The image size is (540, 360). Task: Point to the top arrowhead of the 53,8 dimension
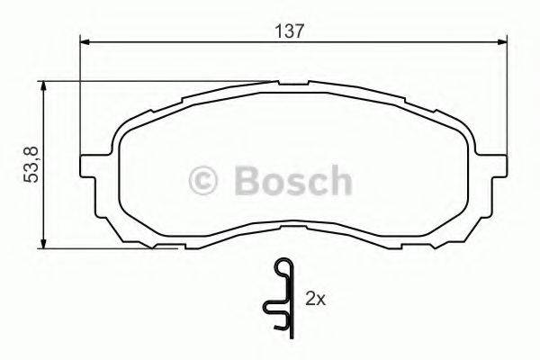pos(43,84)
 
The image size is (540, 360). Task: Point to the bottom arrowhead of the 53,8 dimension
pos(43,244)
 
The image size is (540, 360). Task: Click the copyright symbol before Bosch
pos(208,180)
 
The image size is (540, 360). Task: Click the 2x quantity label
pos(315,297)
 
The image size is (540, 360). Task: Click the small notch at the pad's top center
pos(292,84)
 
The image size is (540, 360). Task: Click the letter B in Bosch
pos(247,180)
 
